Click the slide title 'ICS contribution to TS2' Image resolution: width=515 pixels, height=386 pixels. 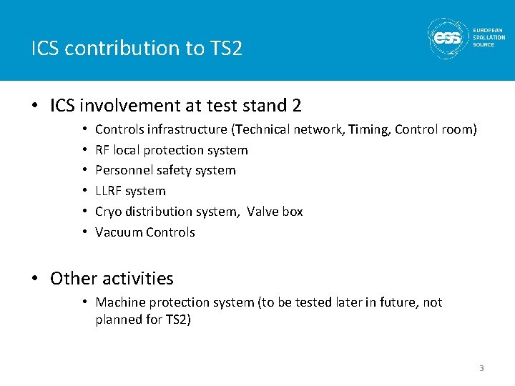[137, 49]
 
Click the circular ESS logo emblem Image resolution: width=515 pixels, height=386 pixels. [448, 37]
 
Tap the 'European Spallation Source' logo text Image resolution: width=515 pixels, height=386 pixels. [489, 37]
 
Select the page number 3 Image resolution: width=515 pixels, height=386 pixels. [481, 368]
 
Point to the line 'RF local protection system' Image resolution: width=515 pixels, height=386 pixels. [172, 150]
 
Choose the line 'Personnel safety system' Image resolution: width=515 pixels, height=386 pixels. [165, 170]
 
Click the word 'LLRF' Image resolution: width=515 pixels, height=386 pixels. [110, 191]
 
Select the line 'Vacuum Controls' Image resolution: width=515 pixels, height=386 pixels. [144, 232]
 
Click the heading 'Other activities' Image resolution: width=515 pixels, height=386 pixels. [112, 278]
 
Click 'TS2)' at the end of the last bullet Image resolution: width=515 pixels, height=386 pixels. [178, 320]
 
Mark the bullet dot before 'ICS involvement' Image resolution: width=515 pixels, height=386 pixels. [35, 107]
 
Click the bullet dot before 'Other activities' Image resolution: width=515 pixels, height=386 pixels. [35, 279]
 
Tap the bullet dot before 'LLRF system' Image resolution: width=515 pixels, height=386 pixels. [84, 191]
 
